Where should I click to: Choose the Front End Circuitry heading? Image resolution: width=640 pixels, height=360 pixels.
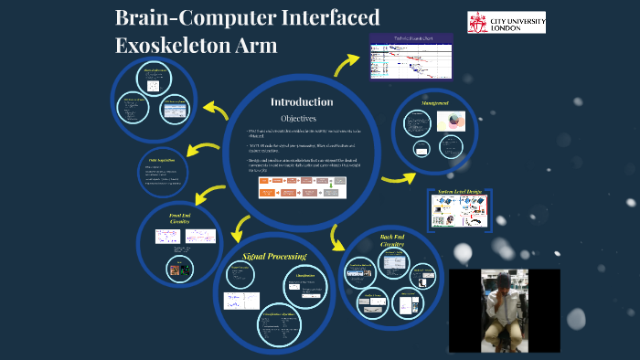click(x=180, y=217)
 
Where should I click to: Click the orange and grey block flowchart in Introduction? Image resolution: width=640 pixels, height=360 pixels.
click(x=302, y=187)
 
